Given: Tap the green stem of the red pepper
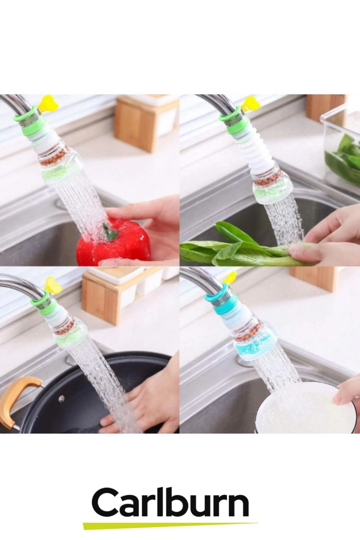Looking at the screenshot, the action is coord(109,231).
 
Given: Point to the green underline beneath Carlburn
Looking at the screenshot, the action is coord(170,524).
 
